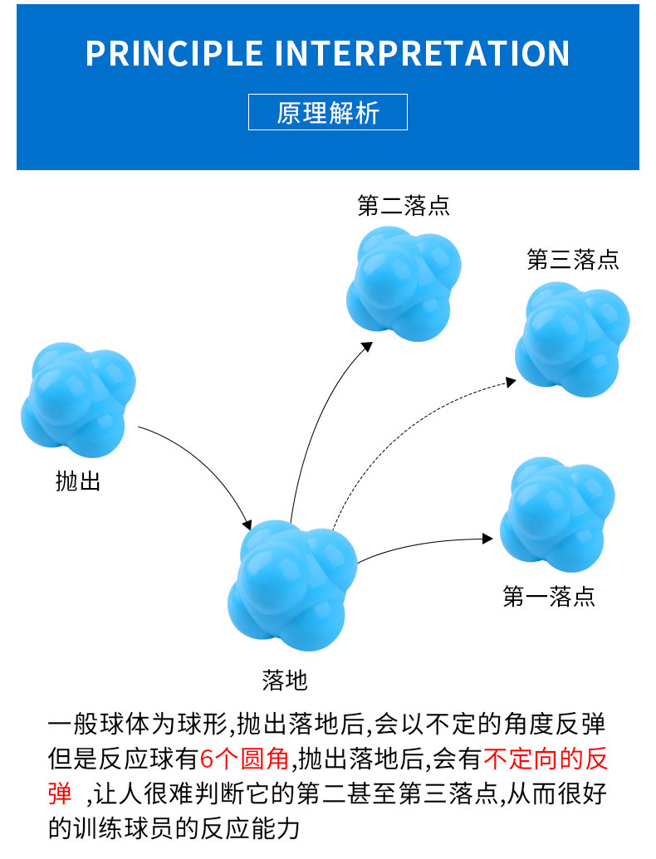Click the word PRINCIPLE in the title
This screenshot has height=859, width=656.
[x=174, y=54]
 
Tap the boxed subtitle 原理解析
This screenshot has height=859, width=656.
[x=328, y=112]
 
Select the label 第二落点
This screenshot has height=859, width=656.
[x=404, y=206]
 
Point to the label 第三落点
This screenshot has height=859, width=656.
[x=573, y=260]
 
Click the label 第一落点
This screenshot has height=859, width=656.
[x=549, y=597]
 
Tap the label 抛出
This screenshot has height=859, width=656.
[x=78, y=481]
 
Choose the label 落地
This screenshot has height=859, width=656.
[x=285, y=681]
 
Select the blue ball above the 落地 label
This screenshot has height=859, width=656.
[x=293, y=580]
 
